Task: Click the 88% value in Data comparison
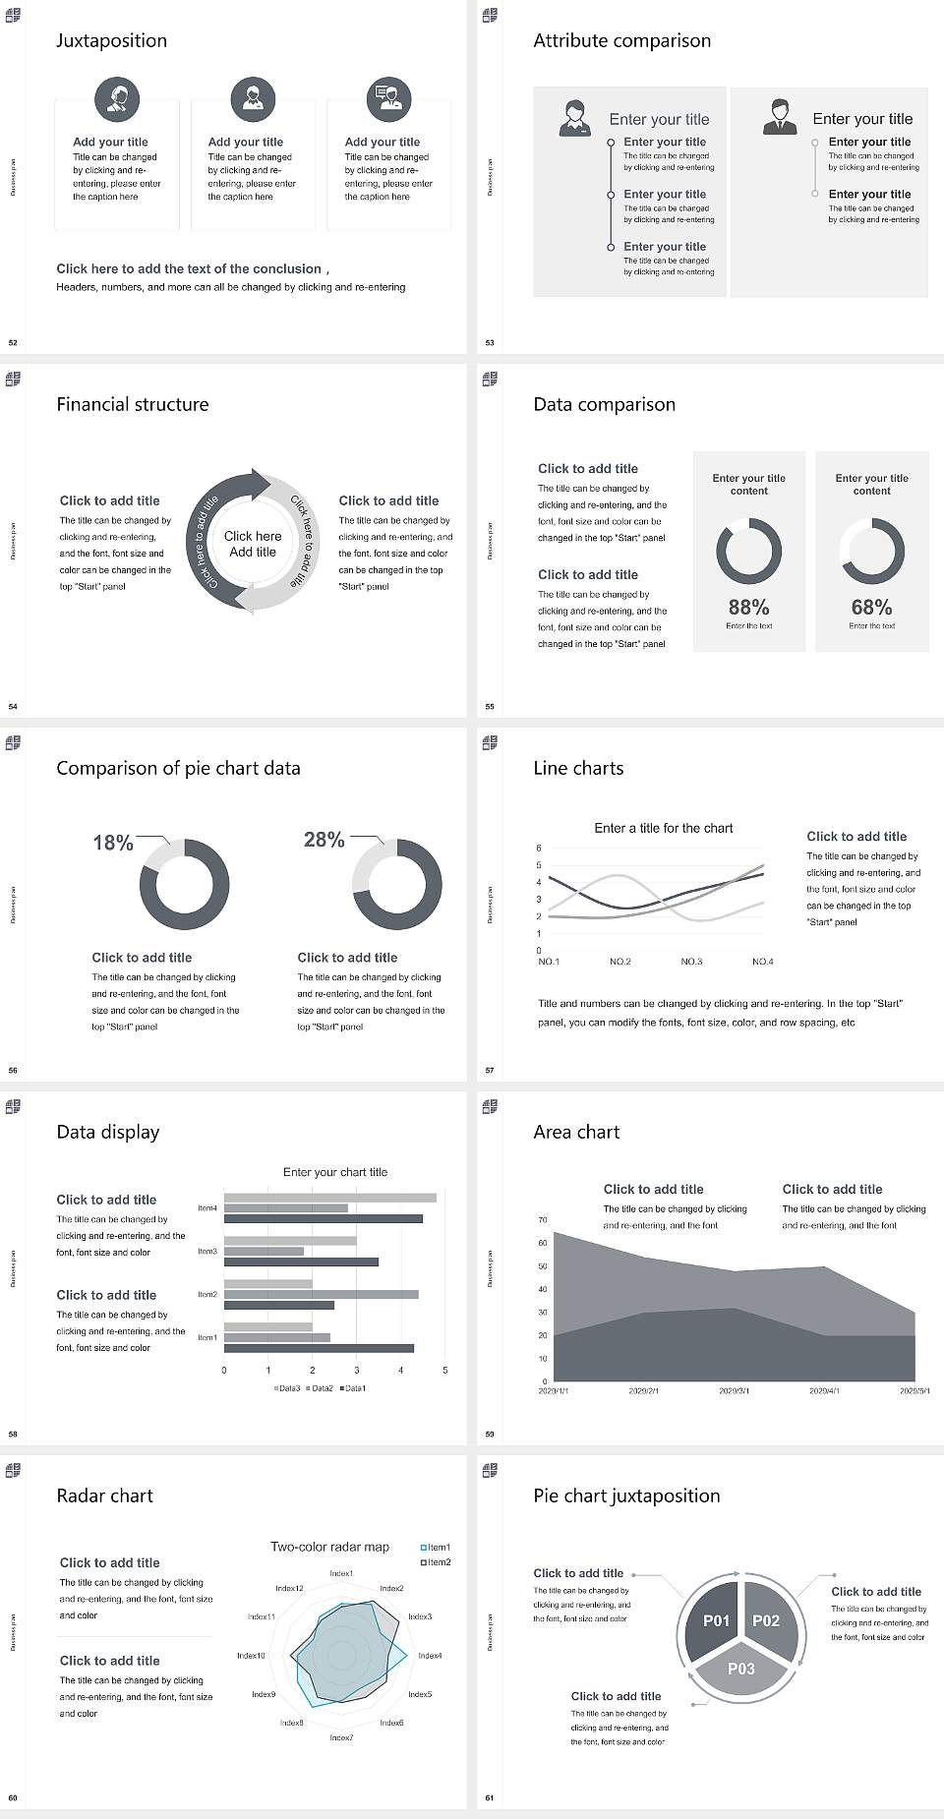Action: (x=748, y=608)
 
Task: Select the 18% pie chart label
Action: (x=112, y=843)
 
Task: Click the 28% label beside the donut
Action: (x=324, y=840)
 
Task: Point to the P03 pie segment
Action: (x=741, y=1669)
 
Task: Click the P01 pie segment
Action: (x=716, y=1620)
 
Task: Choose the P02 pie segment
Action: (x=766, y=1620)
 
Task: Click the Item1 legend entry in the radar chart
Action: (x=436, y=1548)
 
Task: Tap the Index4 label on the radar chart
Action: (x=430, y=1656)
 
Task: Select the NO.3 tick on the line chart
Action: (x=691, y=962)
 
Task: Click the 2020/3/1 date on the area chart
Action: (x=734, y=1391)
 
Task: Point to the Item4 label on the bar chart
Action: (x=207, y=1207)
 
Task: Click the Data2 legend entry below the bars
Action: (x=321, y=1388)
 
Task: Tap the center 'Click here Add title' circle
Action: (x=253, y=544)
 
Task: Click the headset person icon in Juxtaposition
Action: (x=117, y=98)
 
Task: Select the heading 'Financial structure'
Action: (x=132, y=404)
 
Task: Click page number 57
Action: (x=490, y=1070)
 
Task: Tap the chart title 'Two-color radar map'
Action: (x=329, y=1547)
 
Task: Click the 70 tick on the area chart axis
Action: (x=543, y=1220)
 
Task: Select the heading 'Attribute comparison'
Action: (x=621, y=40)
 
